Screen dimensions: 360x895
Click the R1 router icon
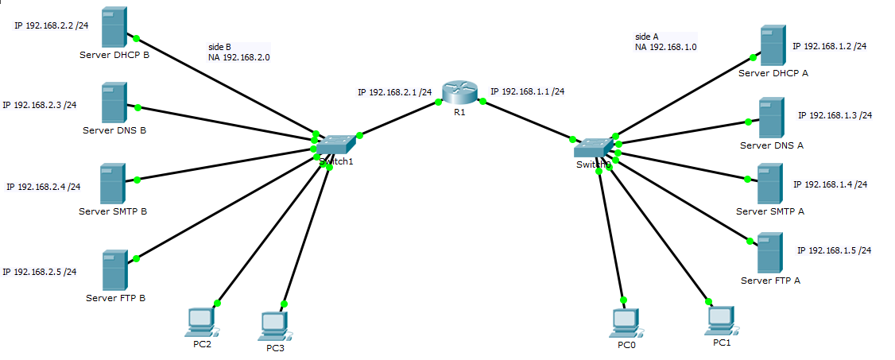click(459, 93)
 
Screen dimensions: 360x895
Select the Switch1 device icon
click(336, 145)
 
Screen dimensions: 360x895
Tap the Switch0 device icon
click(593, 148)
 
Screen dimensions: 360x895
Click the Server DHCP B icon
click(114, 28)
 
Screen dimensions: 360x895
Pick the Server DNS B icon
click(113, 103)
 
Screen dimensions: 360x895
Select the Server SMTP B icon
click(112, 184)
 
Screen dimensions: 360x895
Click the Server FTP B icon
click(114, 271)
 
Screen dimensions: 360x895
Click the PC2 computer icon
click(200, 322)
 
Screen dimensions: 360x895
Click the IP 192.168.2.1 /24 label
click(394, 92)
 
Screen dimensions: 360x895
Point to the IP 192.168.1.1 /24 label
click(527, 91)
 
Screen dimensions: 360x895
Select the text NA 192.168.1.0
click(665, 47)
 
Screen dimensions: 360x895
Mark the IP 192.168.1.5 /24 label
click(834, 250)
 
